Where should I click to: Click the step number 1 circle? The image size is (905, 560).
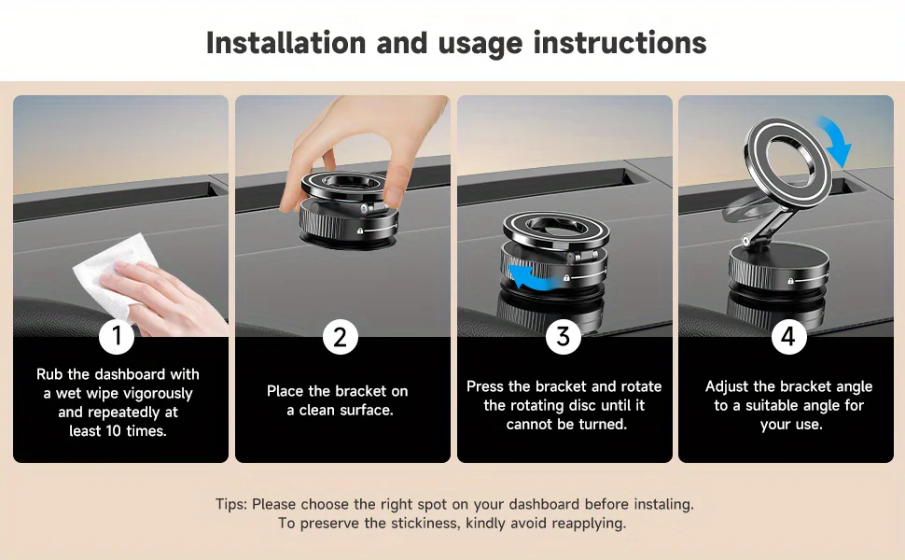(117, 336)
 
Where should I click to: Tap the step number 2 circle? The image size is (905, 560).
(340, 336)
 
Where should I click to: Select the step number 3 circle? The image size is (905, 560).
(563, 336)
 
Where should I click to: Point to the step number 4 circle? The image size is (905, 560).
(788, 336)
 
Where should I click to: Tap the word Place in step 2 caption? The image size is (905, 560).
(285, 391)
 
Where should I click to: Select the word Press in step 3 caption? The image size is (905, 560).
(486, 386)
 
